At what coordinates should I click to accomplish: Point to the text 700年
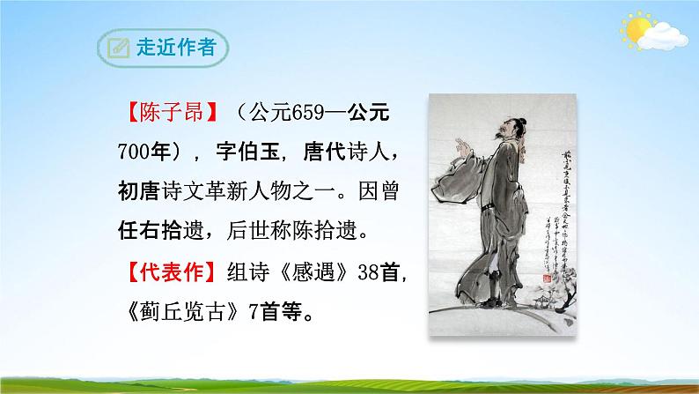(146, 153)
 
